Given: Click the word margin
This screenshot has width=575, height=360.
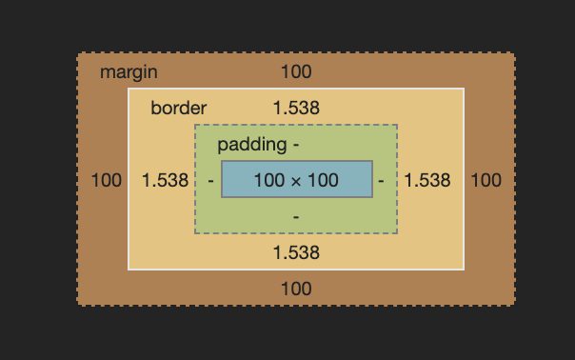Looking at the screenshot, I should tap(129, 72).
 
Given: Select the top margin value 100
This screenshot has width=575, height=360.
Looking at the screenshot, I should tap(296, 72).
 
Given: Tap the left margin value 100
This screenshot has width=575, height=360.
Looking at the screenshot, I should tap(107, 180).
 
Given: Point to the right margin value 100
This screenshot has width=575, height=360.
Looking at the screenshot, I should tap(486, 180).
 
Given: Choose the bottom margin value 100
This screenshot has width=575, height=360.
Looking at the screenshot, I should tap(296, 289).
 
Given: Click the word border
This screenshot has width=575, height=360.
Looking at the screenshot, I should tap(178, 109).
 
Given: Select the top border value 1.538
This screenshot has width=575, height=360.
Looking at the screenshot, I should tap(296, 109).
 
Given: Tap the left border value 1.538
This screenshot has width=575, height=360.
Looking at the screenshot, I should tap(165, 180).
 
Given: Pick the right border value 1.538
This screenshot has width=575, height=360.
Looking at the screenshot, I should tap(427, 180).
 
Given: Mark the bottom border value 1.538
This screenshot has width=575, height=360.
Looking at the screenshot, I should tap(296, 252).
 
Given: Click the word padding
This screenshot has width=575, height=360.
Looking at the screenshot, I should tap(251, 145).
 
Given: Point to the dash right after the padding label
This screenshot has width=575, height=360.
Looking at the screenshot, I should tap(296, 145).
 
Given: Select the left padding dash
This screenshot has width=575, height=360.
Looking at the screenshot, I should tap(210, 180).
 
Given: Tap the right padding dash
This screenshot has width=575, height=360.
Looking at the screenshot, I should tap(381, 180).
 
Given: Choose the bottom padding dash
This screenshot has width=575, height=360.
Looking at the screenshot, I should tap(296, 217).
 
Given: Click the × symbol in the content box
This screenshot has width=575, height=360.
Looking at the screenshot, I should tap(296, 180).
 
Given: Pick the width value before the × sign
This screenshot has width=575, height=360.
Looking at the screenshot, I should tap(268, 180).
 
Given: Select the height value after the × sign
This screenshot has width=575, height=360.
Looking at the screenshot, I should tap(324, 180).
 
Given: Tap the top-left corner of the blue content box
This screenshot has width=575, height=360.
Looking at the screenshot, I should tap(222, 162).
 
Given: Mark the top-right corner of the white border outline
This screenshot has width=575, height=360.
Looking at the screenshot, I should tap(464, 89).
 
